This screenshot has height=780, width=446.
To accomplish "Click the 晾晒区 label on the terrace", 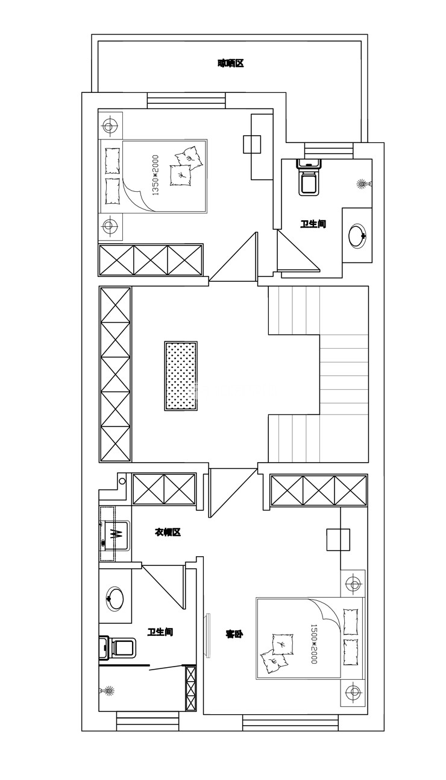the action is pyautogui.click(x=230, y=63).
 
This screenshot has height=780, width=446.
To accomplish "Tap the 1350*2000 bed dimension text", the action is pyautogui.click(x=155, y=175).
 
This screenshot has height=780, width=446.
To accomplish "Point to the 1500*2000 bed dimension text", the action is pyautogui.click(x=314, y=644).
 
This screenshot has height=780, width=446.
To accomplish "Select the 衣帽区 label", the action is pyautogui.click(x=168, y=531).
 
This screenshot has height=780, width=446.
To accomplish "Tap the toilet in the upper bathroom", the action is pyautogui.click(x=309, y=177).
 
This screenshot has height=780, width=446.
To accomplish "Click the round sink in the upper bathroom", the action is pyautogui.click(x=358, y=236).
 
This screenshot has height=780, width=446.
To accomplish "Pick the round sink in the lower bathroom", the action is pyautogui.click(x=115, y=598).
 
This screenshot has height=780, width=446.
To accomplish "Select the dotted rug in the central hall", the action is pyautogui.click(x=181, y=376).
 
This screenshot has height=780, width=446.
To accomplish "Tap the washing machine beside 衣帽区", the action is pyautogui.click(x=115, y=535).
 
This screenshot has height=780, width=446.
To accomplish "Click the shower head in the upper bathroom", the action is pyautogui.click(x=364, y=183).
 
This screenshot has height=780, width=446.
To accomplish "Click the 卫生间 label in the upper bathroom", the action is pyautogui.click(x=313, y=224).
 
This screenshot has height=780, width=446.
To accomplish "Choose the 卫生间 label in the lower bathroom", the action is pyautogui.click(x=160, y=632).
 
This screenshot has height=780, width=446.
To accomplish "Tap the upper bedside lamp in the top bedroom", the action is pyautogui.click(x=110, y=125).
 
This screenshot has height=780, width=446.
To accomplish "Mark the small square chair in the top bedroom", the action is pyautogui.click(x=252, y=144).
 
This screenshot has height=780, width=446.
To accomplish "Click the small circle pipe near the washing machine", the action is pyautogui.click(x=122, y=481).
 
